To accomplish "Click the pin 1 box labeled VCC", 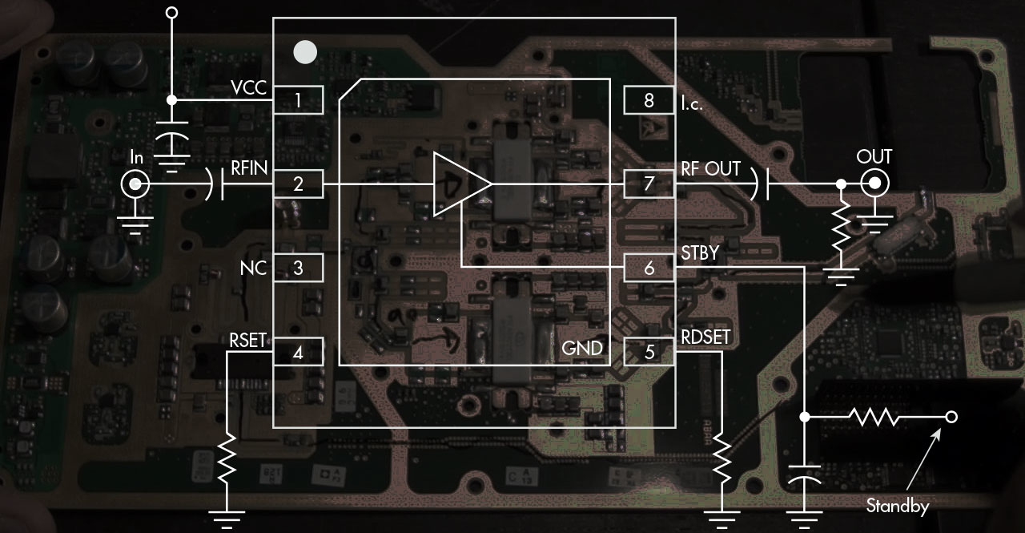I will pyautogui.click(x=298, y=100).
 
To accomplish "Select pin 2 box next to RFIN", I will pyautogui.click(x=298, y=184).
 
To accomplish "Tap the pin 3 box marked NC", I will pyautogui.click(x=298, y=268).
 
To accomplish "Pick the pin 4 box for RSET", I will pyautogui.click(x=298, y=351).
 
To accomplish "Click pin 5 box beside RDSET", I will pyautogui.click(x=649, y=351).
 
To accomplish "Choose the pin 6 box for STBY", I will pyautogui.click(x=649, y=268).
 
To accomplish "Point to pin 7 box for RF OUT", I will pyautogui.click(x=649, y=184).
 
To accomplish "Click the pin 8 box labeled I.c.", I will pyautogui.click(x=649, y=100).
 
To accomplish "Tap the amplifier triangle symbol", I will pyautogui.click(x=458, y=184).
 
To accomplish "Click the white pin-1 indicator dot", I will pyautogui.click(x=305, y=53).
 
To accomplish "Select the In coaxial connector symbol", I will pyautogui.click(x=135, y=185).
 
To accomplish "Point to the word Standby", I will pyautogui.click(x=897, y=506).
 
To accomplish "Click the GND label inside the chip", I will pyautogui.click(x=581, y=348).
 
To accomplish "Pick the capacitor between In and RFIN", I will pyautogui.click(x=216, y=185).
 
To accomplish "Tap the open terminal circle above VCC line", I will pyautogui.click(x=171, y=14).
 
